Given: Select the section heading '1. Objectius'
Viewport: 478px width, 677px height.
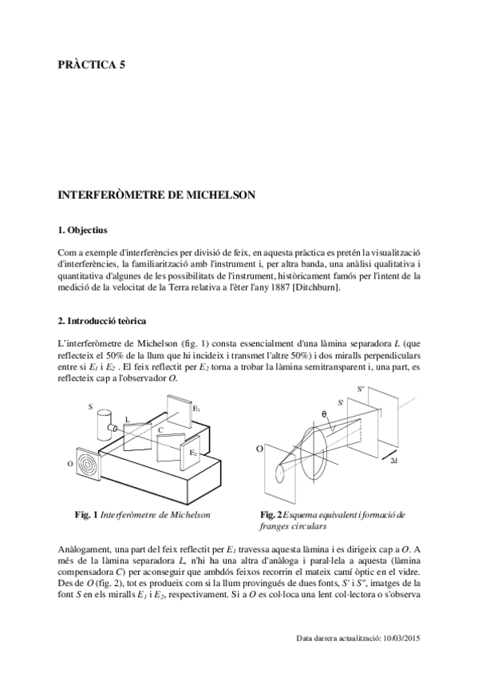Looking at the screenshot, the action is click(x=82, y=230).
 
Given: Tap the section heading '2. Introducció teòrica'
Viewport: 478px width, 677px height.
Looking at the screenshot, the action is click(x=102, y=321).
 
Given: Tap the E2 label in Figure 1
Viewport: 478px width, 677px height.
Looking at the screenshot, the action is click(x=194, y=453).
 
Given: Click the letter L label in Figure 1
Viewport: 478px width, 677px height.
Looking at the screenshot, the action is click(x=127, y=419).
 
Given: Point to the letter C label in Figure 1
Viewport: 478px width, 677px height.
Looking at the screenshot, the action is click(x=160, y=430).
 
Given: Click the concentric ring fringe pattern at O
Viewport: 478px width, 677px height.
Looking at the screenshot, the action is click(x=88, y=464).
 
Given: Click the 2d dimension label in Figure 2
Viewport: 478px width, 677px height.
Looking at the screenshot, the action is click(x=393, y=461).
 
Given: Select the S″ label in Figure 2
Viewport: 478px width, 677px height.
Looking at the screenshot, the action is click(x=361, y=389).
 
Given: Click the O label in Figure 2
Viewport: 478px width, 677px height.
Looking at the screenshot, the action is click(x=259, y=449).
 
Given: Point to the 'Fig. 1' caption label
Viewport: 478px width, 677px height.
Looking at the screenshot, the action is click(x=86, y=515).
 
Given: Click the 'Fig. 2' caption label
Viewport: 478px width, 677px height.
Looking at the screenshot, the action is click(x=271, y=515).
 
